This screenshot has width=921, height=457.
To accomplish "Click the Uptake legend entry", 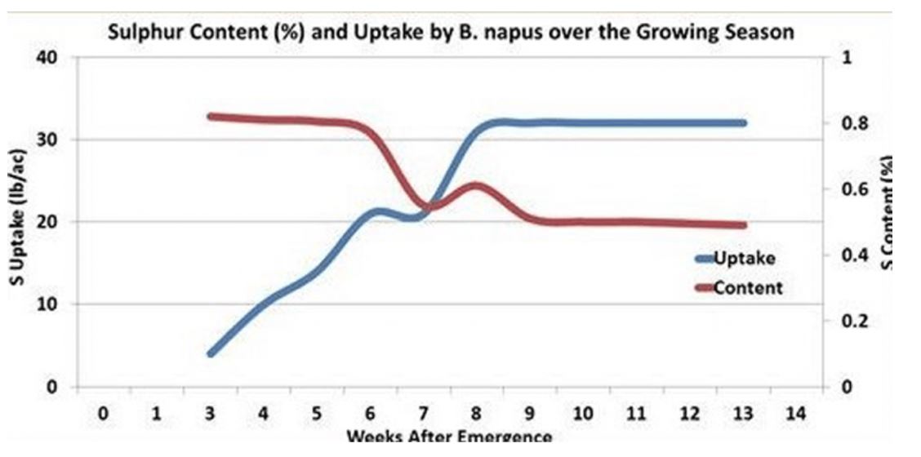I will pyautogui.click(x=744, y=259).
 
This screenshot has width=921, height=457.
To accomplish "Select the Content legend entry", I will pyautogui.click(x=747, y=287).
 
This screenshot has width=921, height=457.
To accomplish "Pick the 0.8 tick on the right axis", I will pyautogui.click(x=853, y=124).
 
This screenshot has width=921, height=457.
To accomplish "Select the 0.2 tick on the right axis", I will pyautogui.click(x=853, y=321).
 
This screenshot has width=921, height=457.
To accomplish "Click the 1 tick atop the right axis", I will pyautogui.click(x=846, y=58).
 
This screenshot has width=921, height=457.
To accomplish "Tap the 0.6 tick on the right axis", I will pyautogui.click(x=853, y=189).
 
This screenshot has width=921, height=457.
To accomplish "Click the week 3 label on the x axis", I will pyautogui.click(x=210, y=414).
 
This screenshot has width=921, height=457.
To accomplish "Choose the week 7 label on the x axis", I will pyautogui.click(x=423, y=414).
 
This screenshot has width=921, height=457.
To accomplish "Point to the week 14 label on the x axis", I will pyautogui.click(x=795, y=414).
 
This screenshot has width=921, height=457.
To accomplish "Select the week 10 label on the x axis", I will pyautogui.click(x=582, y=414).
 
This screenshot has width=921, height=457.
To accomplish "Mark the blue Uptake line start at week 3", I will pyautogui.click(x=211, y=353).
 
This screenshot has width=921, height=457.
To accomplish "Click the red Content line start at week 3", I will pyautogui.click(x=211, y=117).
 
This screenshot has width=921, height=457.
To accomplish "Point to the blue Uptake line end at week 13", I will pyautogui.click(x=742, y=122).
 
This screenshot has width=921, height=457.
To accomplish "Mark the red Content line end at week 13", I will pyautogui.click(x=742, y=225).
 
